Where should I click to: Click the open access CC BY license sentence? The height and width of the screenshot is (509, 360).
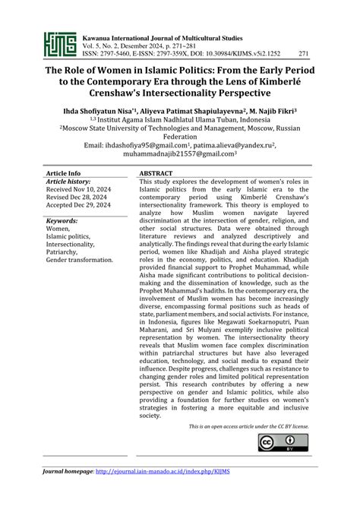pos(248,427)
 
